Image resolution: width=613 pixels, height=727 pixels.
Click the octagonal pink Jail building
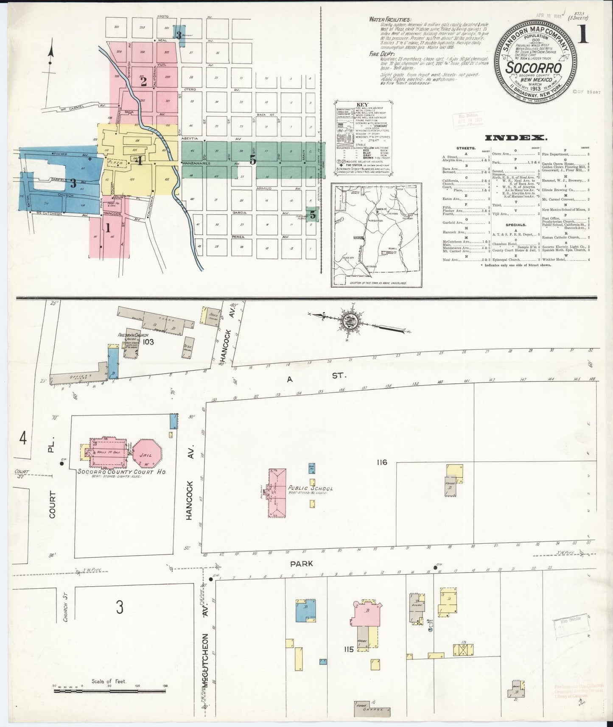[147, 454]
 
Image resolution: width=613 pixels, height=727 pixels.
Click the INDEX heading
[515, 138]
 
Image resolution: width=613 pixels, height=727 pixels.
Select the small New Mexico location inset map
[376, 235]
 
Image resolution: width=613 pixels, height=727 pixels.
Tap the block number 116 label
[381, 462]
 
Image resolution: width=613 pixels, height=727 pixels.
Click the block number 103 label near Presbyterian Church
[148, 341]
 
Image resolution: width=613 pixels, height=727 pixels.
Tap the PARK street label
[302, 564]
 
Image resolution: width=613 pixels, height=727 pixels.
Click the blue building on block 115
[305, 611]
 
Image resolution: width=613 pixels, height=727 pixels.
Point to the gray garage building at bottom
[372, 709]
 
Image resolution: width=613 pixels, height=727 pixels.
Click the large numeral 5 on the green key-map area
[253, 160]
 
